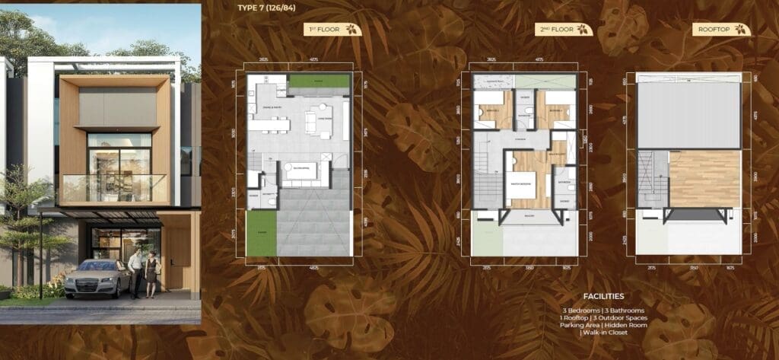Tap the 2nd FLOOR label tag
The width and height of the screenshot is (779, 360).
563,30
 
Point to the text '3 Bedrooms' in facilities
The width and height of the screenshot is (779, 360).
582,311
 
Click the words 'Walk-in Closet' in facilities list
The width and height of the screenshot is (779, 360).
604,332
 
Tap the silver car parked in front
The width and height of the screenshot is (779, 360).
97,277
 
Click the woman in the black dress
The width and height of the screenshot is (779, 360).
151,274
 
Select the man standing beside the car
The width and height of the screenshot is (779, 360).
135,272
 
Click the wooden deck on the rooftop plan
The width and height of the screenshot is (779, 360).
704,178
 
